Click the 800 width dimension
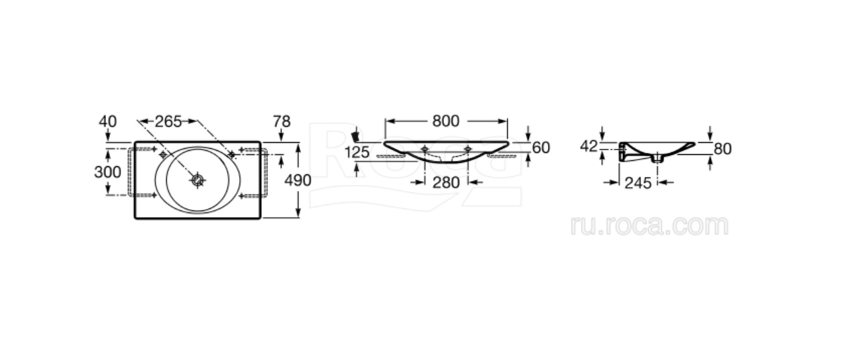coord(445,121)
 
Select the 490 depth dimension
coord(298,180)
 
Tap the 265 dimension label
coord(168,121)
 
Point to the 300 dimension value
coord(108,172)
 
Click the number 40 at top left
coord(108,121)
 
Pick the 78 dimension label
coord(282,121)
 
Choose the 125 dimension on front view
coord(357,153)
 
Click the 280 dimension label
coord(446,182)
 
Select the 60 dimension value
coord(541,147)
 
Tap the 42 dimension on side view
coord(589,146)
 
